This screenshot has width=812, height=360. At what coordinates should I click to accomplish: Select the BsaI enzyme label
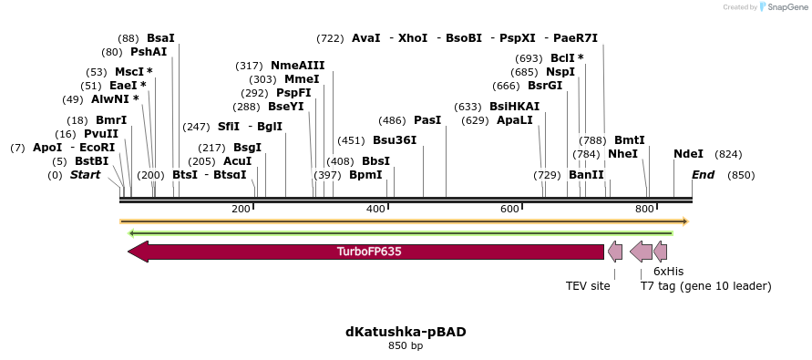160,38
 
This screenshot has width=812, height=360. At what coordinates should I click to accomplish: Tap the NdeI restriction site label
688,155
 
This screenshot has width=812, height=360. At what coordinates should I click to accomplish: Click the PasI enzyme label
427,120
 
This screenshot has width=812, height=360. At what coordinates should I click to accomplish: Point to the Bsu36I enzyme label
395,140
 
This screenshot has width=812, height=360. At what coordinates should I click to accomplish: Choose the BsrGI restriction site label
545,86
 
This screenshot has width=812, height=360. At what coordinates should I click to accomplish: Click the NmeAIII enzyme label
297,66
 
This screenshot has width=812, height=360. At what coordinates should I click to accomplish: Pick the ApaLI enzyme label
515,120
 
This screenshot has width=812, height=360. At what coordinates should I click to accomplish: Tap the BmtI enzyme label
630,140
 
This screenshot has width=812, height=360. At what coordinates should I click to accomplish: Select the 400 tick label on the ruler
375,210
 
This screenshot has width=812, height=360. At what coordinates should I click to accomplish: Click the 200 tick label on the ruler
241,210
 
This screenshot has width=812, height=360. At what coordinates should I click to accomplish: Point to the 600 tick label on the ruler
510,210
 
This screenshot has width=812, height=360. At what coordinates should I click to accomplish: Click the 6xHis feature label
668,272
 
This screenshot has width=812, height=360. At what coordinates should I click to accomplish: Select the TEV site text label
588,286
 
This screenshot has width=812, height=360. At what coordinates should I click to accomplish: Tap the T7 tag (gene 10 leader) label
705,286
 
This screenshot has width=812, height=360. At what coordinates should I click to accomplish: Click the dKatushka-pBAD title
406,332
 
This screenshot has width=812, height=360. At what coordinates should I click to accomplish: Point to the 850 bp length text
406,346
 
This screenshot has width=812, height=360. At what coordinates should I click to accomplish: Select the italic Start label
85,175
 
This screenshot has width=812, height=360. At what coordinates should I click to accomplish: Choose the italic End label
703,175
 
